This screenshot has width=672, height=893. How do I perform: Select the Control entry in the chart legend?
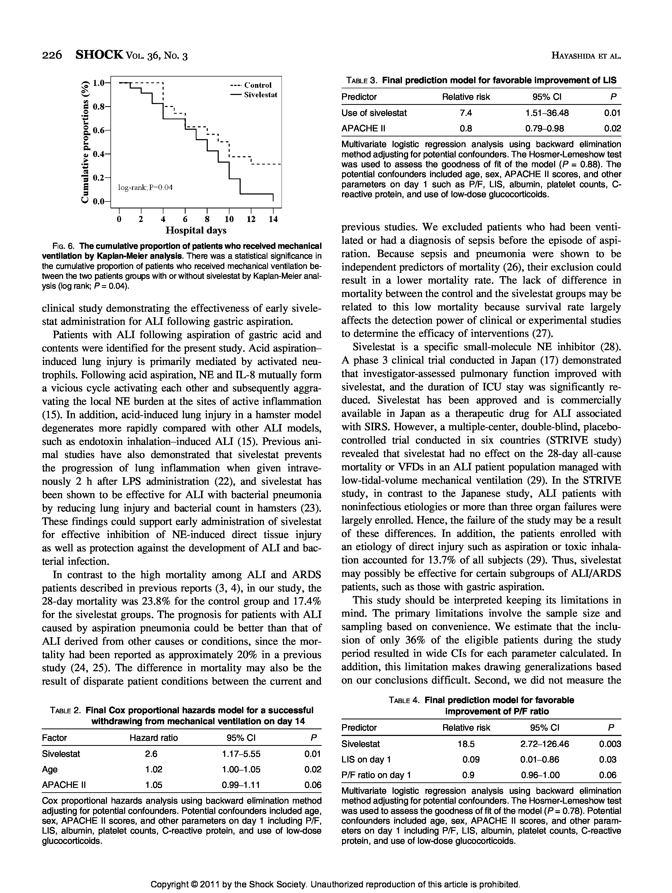pyautogui.click(x=258, y=85)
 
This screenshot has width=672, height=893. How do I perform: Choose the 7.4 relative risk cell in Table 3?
pyautogui.click(x=466, y=113)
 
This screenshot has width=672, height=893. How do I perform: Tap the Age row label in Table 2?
pyautogui.click(x=50, y=769)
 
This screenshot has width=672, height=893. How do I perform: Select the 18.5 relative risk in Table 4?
pyautogui.click(x=466, y=744)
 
